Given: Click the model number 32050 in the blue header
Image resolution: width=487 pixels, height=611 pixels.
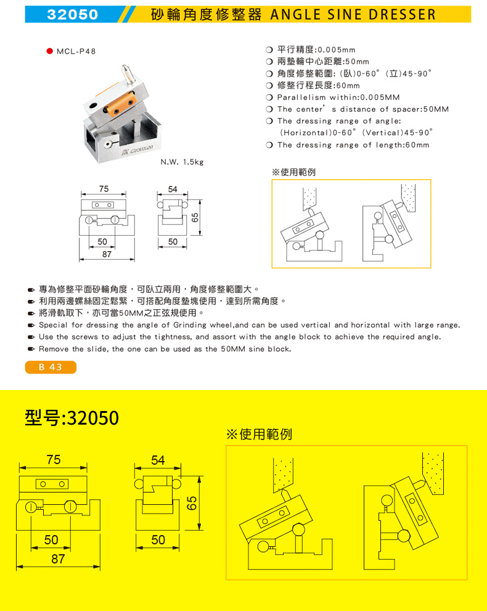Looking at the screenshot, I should (73, 14).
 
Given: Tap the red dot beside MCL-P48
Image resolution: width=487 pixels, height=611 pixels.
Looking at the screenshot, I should (49, 52).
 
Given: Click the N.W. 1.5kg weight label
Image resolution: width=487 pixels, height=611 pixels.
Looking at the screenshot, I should (182, 162).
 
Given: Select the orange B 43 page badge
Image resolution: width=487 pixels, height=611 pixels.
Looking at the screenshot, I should (51, 367).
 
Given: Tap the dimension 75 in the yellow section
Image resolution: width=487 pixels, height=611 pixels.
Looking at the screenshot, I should (54, 460).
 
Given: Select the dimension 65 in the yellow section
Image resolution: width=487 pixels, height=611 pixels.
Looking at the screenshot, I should (192, 503).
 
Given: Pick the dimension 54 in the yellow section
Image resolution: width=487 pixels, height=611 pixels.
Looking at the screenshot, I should (158, 460).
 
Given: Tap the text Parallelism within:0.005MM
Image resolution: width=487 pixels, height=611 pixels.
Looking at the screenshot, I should (338, 98).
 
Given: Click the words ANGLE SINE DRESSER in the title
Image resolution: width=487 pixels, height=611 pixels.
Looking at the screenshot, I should (353, 14).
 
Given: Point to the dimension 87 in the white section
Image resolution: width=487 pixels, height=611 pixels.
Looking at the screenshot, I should (107, 253).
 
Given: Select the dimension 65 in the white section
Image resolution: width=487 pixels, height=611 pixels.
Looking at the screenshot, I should (194, 218).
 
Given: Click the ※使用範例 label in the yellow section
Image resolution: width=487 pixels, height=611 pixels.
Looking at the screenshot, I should (259, 434).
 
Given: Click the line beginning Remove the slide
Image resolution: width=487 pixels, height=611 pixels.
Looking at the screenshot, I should (165, 349).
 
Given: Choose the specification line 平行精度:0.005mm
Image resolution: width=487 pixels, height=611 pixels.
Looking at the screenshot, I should (316, 49).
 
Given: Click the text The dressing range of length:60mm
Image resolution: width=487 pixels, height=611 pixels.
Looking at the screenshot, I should (353, 145).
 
